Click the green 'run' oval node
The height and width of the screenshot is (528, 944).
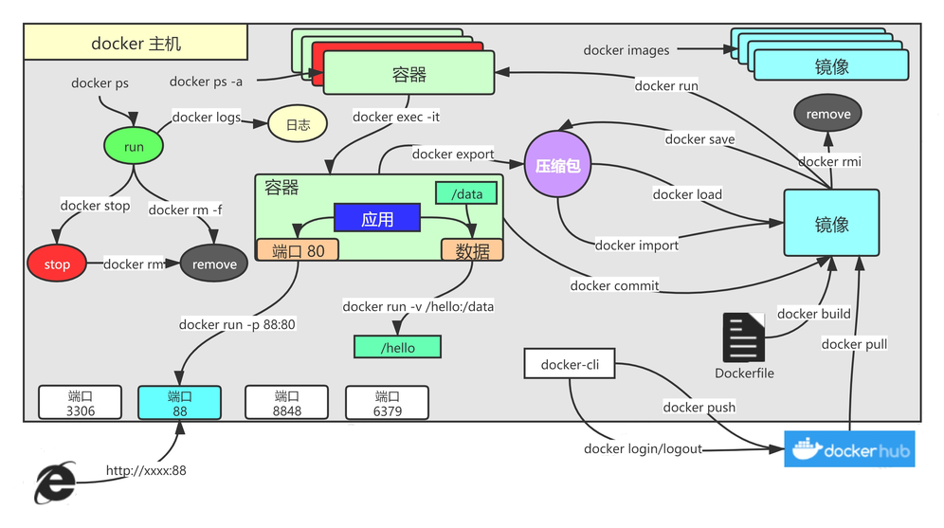click(x=134, y=147)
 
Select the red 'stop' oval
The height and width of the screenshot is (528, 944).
click(x=57, y=264)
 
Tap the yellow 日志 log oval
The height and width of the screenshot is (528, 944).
click(x=298, y=124)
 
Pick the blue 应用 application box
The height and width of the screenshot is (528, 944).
click(x=376, y=219)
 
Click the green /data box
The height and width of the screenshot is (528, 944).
click(x=466, y=193)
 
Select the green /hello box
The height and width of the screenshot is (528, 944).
click(x=397, y=347)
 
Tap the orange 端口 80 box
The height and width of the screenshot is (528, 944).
click(x=298, y=250)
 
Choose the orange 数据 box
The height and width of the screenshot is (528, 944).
click(x=472, y=250)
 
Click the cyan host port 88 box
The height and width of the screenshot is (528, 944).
click(x=179, y=403)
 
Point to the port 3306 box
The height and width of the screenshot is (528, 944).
click(x=81, y=403)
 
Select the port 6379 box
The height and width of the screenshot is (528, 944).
click(x=387, y=403)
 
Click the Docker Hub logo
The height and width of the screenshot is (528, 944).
click(x=849, y=450)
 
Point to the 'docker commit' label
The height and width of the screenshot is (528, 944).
click(x=614, y=285)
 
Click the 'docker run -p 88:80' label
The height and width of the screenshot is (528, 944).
click(x=237, y=324)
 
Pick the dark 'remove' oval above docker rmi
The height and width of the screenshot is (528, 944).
click(x=827, y=114)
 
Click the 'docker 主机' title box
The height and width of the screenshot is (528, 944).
click(x=136, y=44)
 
